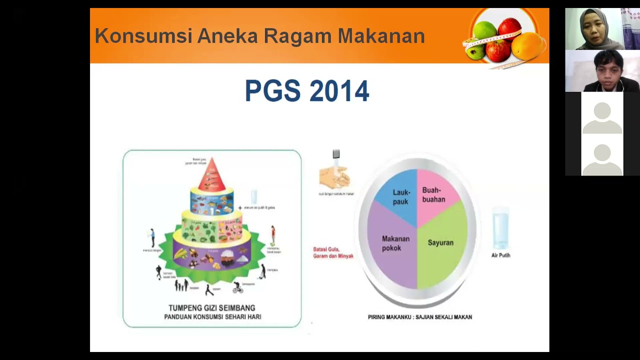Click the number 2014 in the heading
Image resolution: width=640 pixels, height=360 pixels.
click(x=339, y=91)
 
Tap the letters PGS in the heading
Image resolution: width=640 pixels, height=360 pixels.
click(x=272, y=91)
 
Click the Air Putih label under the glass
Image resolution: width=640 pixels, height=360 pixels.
click(x=500, y=255)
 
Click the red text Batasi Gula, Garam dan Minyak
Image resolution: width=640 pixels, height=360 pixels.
click(x=333, y=252)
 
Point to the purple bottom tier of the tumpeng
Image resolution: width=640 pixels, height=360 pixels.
click(x=212, y=255)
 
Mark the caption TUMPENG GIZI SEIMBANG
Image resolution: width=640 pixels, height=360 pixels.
click(x=212, y=308)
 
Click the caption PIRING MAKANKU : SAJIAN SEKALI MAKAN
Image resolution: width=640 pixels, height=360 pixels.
click(x=420, y=317)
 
